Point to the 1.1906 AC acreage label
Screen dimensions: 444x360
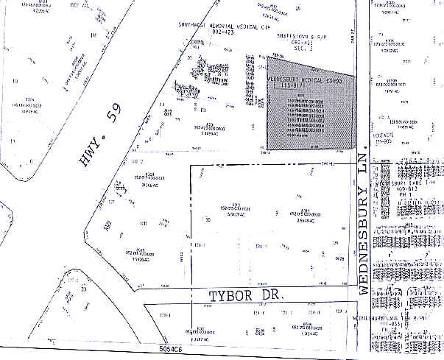pos(141,260)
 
